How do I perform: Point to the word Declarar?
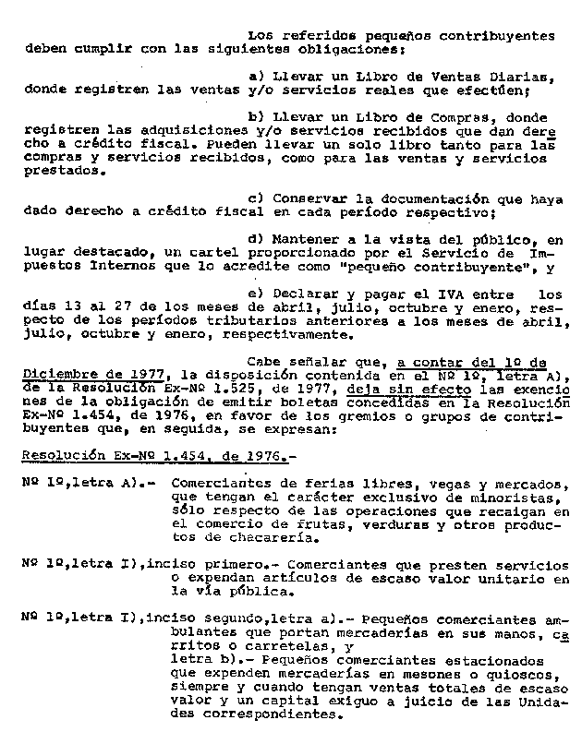click(x=309, y=294)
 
